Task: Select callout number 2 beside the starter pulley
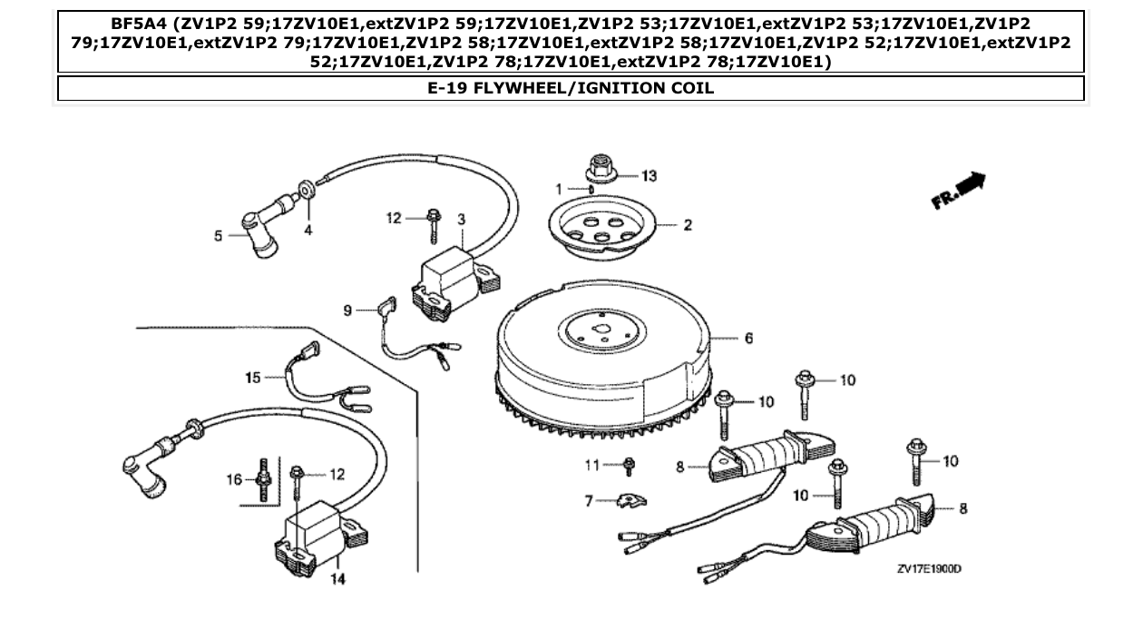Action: coord(688,225)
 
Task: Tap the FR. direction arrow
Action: coord(960,191)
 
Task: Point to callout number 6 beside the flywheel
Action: coord(749,339)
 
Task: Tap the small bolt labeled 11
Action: coord(630,467)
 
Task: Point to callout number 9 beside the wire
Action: coord(347,310)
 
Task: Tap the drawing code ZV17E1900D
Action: coord(928,569)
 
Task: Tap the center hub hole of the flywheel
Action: coord(600,325)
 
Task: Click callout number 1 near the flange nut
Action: coord(560,189)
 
